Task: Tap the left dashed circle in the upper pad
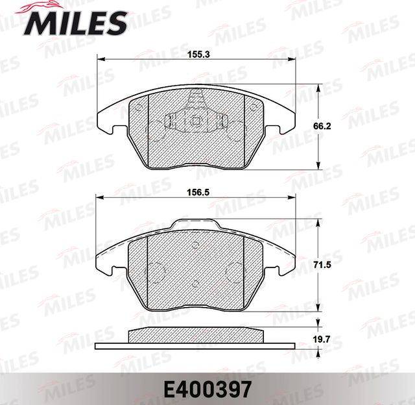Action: pos(156,130)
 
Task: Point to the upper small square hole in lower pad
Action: pos(196,246)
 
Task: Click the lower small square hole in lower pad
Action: pos(196,282)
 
